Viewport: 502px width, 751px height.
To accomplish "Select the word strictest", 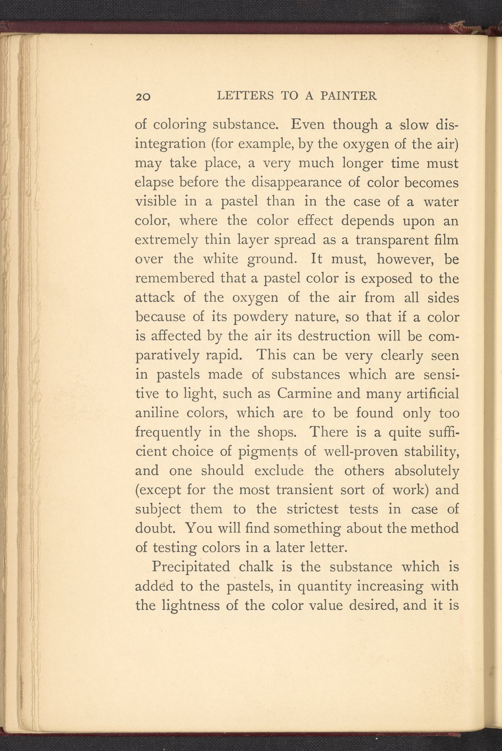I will tap(314, 509).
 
